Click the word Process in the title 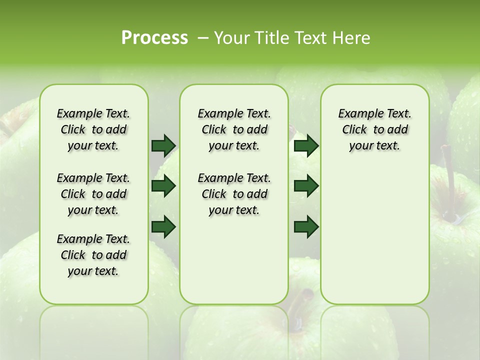[154, 38]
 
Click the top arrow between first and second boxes [163, 145]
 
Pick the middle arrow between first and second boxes [163, 186]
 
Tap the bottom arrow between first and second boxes [163, 227]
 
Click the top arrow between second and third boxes [306, 145]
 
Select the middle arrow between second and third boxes [306, 186]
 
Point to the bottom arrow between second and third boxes [306, 227]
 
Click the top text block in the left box [93, 129]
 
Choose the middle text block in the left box [93, 194]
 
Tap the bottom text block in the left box [93, 255]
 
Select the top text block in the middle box [234, 129]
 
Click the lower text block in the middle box [234, 194]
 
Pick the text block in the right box [374, 129]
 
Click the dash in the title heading [203, 38]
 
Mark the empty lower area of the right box [374, 230]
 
